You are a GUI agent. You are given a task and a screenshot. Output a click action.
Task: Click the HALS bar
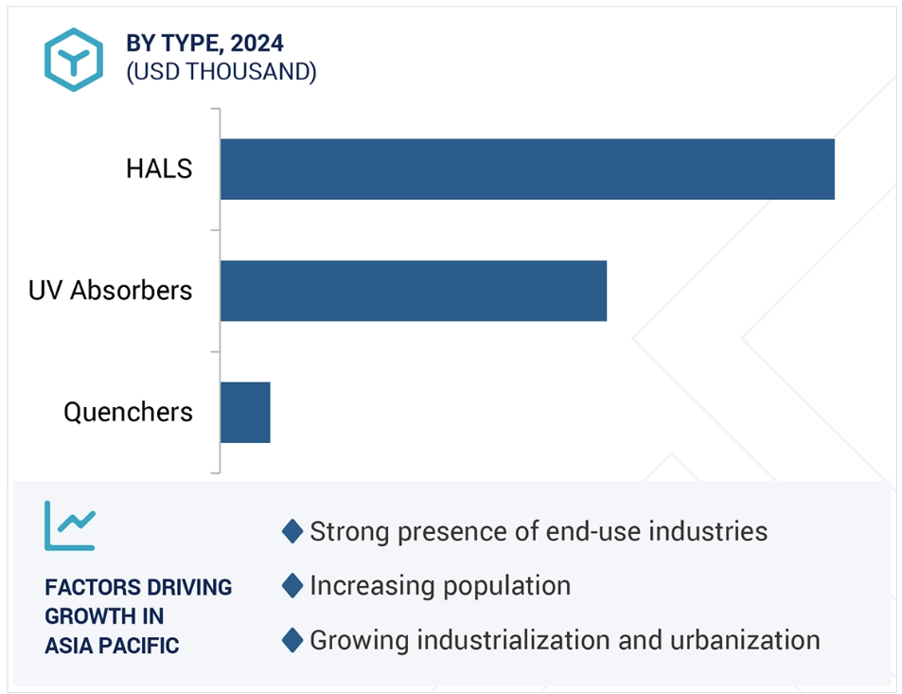pos(527,169)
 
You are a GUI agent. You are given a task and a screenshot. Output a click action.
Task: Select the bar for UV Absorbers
pos(414,291)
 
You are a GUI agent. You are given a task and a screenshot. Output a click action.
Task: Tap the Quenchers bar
pos(246,413)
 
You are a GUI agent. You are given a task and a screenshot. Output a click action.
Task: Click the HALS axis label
pos(159,169)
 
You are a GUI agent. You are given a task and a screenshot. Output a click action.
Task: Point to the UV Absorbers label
pos(111,290)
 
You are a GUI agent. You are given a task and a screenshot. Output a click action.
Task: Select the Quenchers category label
pos(129,412)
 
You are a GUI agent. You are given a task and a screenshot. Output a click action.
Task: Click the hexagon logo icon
pos(74,60)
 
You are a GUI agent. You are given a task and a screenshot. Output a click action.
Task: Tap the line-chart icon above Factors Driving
pos(70,525)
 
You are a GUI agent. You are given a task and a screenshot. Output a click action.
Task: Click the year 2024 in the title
pos(257,44)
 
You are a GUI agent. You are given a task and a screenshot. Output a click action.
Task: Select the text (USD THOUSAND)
pos(221,72)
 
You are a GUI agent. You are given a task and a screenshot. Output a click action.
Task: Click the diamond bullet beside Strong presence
pos(292,531)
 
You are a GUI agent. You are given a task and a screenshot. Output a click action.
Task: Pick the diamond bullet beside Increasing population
pos(292,586)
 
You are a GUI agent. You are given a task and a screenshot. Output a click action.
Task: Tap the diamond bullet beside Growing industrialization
pos(292,640)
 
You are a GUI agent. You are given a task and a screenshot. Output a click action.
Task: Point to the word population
pos(506,587)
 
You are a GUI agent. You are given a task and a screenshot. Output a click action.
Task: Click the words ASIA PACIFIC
pos(113,646)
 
